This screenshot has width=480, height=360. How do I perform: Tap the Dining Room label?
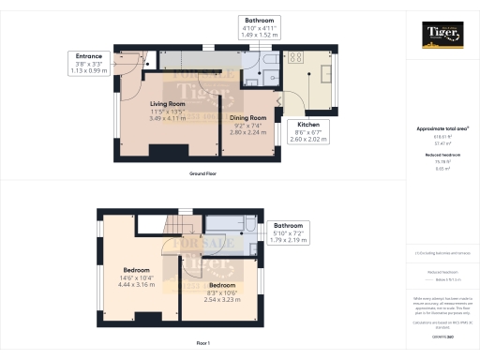[249, 118]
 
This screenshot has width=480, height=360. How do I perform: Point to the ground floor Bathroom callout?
[260, 25]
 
